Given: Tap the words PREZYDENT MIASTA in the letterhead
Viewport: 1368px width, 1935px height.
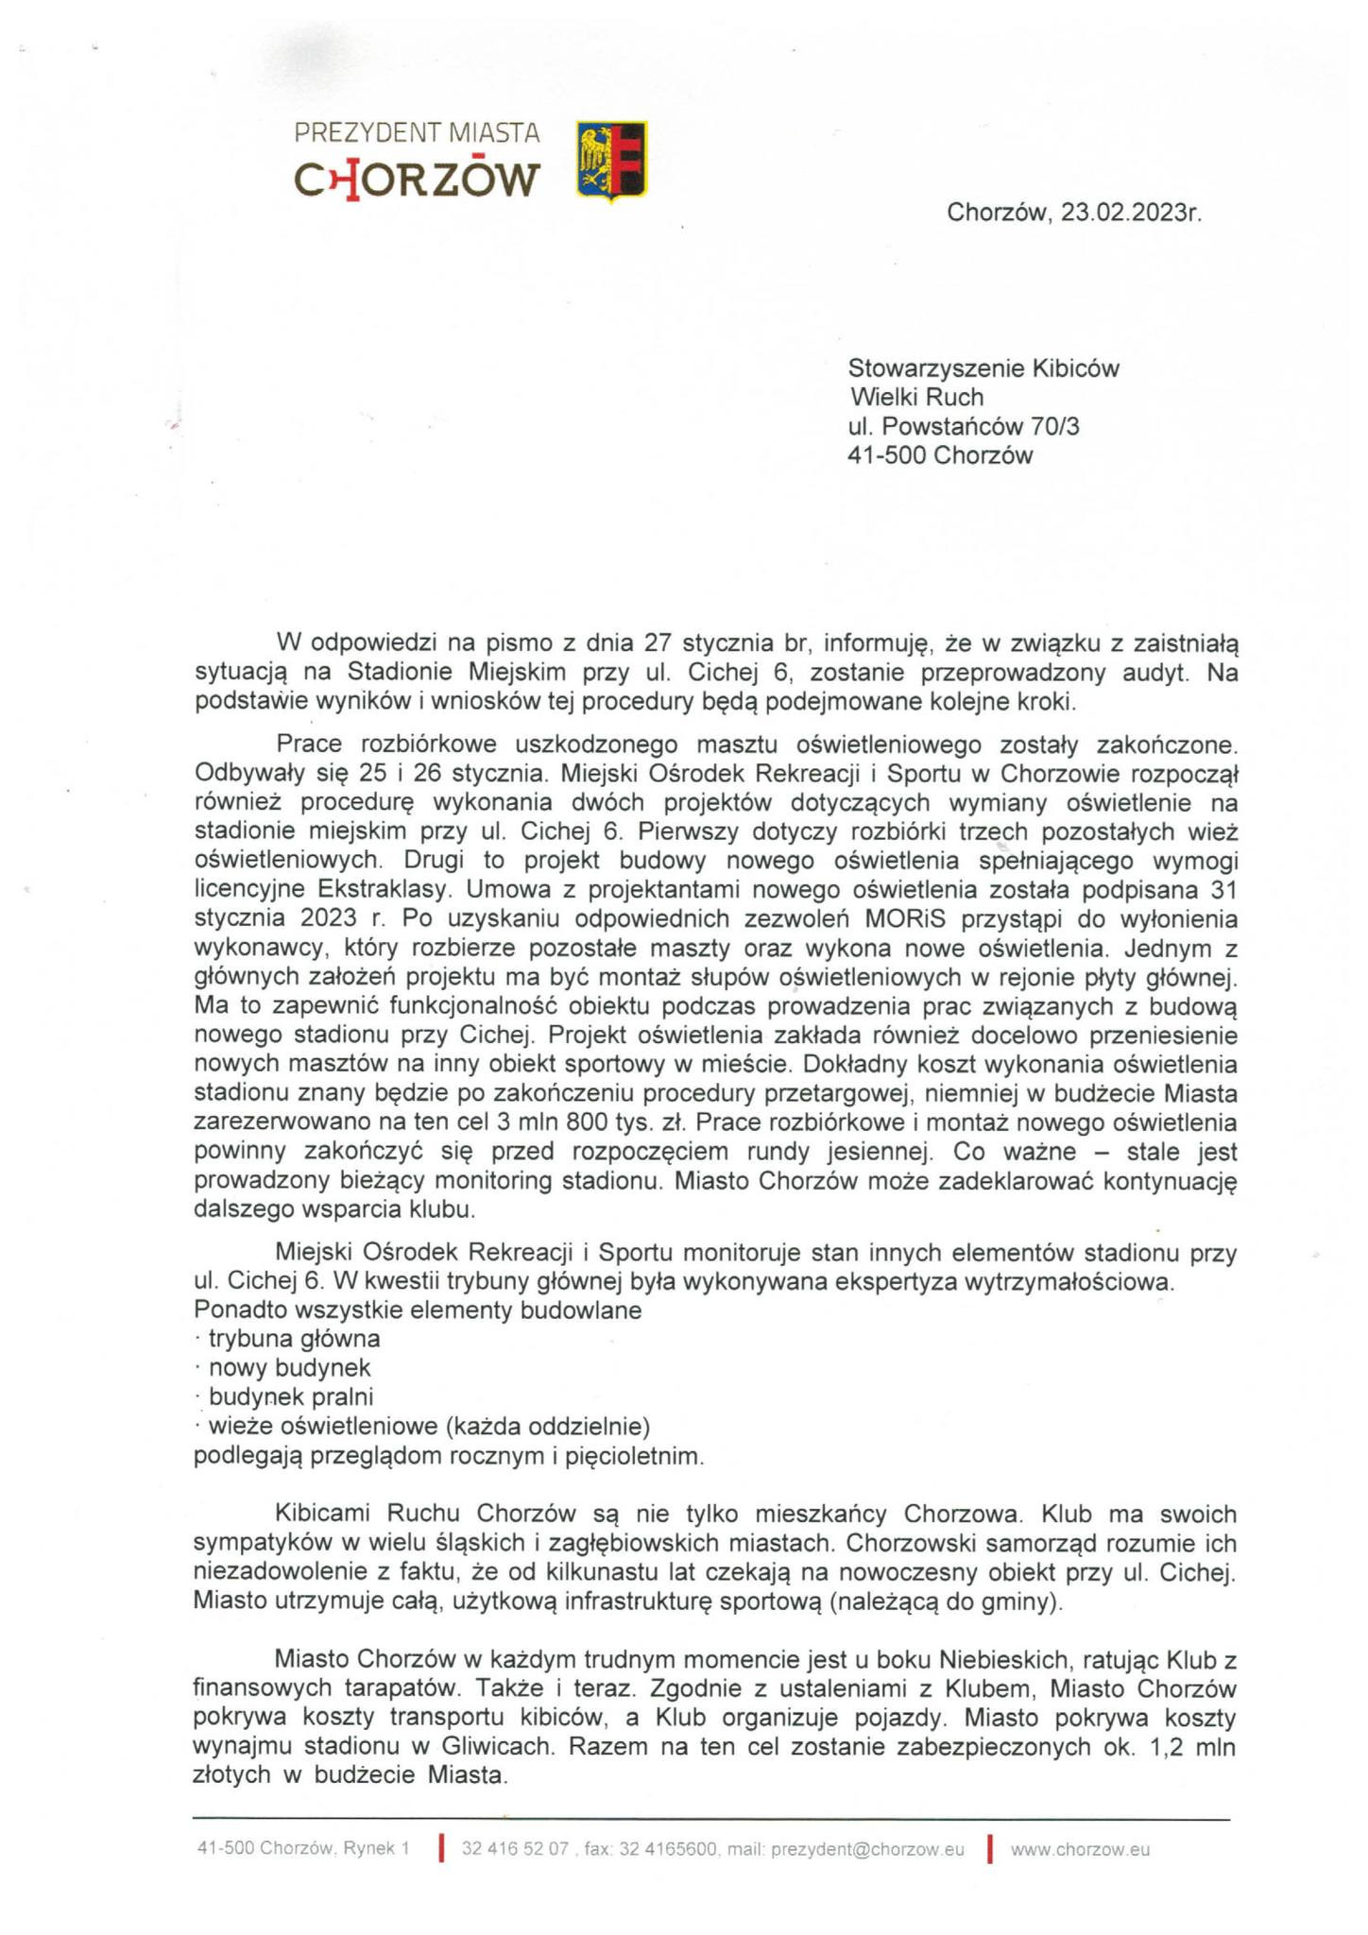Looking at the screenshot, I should (417, 133).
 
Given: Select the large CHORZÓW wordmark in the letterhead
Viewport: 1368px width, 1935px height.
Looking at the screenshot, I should (417, 180).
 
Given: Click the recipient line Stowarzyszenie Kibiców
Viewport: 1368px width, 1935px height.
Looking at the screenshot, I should (983, 368).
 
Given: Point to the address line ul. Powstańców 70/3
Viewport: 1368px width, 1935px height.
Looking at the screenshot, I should (964, 426).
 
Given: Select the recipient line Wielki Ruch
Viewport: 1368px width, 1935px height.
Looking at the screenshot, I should (916, 397).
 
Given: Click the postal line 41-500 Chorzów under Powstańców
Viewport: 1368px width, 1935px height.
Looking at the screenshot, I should (941, 455).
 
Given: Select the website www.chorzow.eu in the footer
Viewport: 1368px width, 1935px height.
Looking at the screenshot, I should (1080, 1850).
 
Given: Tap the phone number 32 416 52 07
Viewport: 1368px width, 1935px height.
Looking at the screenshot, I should (515, 1850).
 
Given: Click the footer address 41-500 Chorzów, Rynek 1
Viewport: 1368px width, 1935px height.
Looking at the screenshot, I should (303, 1850).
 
